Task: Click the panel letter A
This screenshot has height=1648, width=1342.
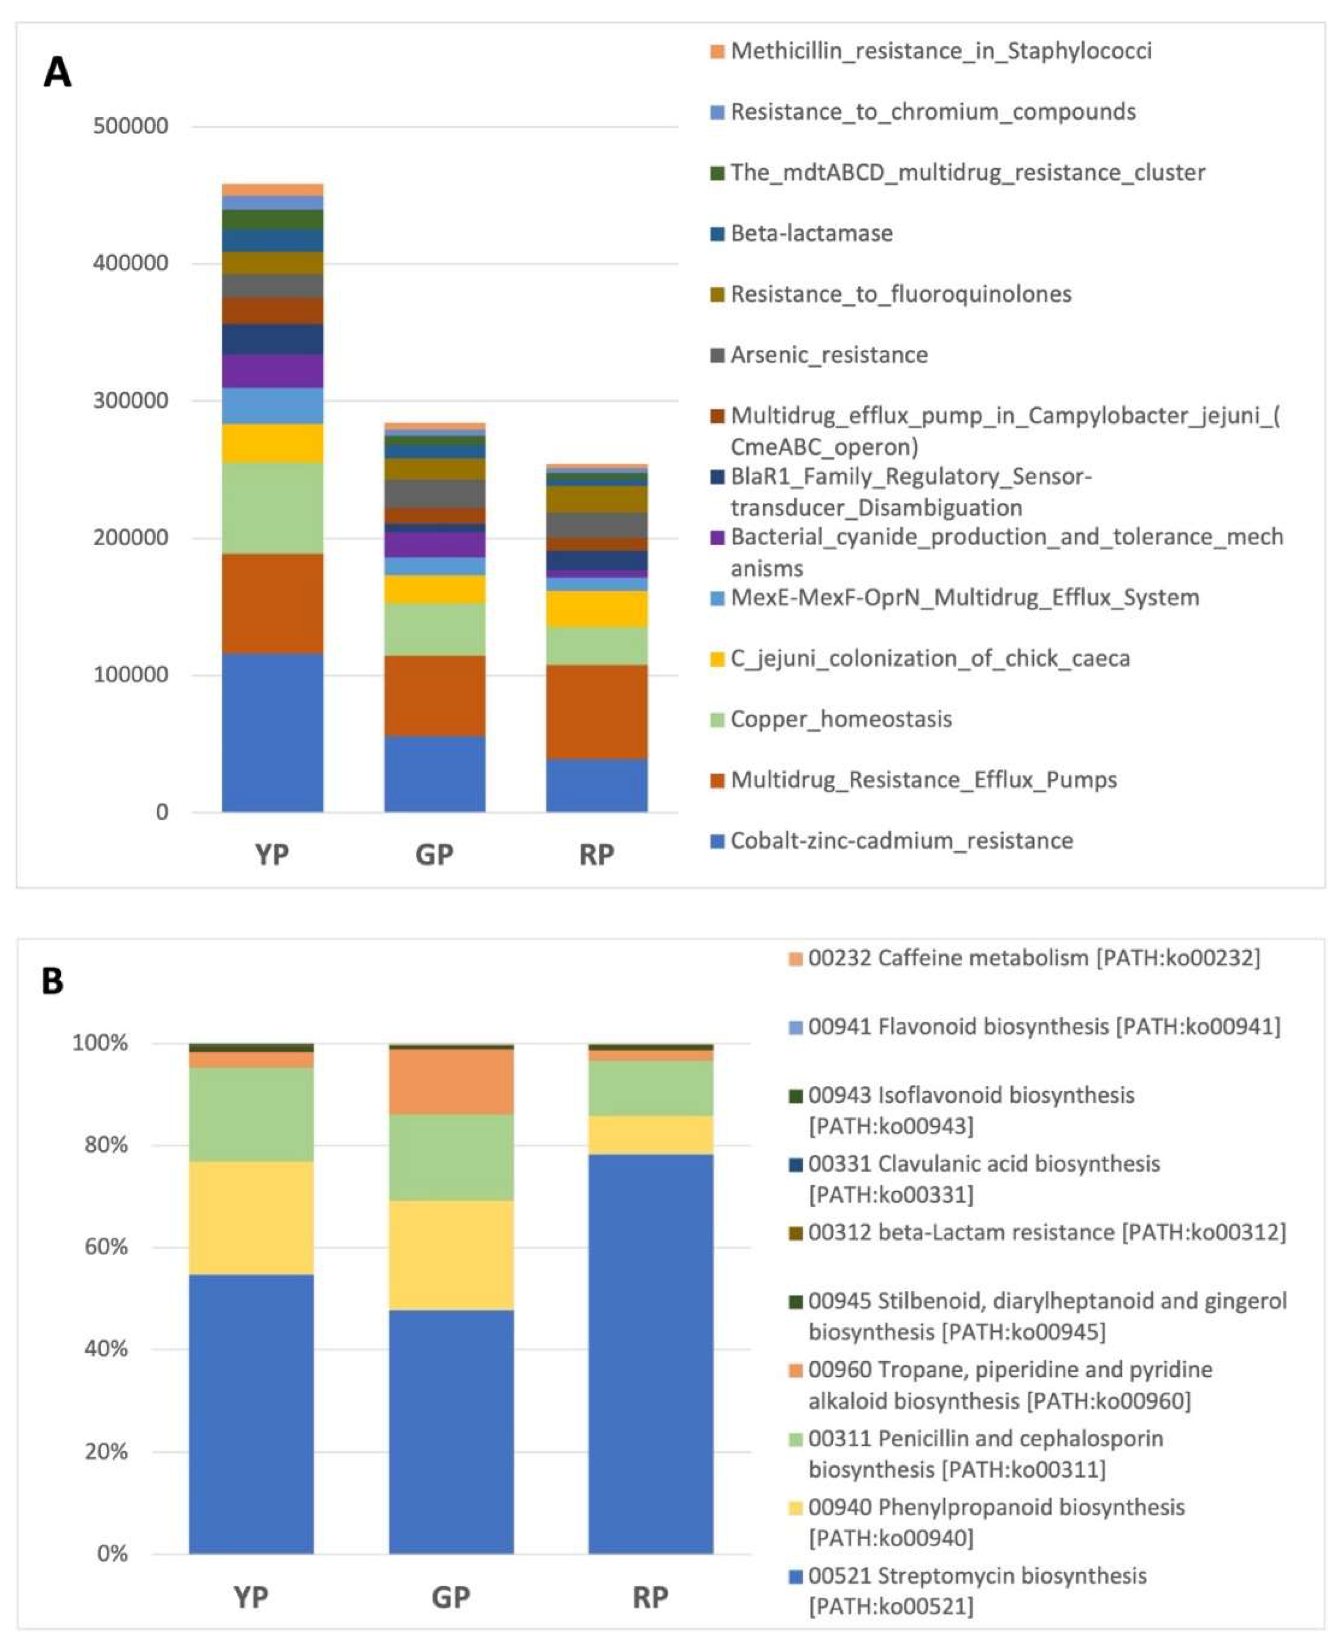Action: point(57,73)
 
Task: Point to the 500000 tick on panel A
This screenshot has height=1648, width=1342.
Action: point(131,126)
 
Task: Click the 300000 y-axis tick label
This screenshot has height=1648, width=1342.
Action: point(131,401)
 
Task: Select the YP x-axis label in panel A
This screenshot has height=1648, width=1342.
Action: point(272,855)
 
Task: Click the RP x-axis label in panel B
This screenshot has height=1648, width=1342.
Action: point(650,1597)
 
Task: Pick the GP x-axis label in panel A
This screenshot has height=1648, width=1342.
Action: point(434,855)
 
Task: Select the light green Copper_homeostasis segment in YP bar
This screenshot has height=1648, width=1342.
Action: point(272,508)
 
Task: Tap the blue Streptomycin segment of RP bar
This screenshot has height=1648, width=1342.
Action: point(650,1353)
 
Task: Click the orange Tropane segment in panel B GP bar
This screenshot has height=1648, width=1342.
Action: point(451,1081)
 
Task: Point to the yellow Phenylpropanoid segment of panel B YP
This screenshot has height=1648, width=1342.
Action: point(251,1218)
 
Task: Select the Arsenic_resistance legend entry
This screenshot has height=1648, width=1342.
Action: point(829,355)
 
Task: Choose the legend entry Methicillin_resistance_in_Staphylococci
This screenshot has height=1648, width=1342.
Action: point(940,51)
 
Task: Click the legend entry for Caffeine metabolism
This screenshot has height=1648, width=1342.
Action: point(1033,958)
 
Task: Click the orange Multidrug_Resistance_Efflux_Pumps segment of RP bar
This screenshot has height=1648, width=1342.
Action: point(597,711)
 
